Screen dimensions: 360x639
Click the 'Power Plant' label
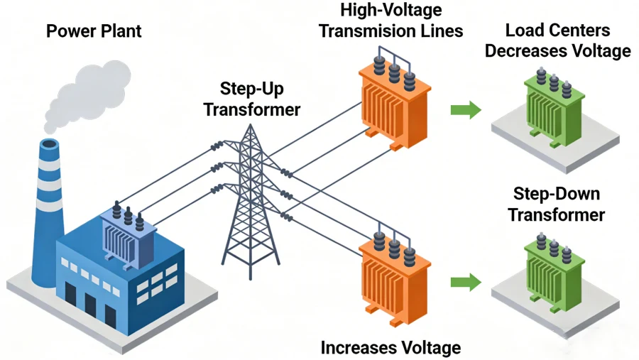94,31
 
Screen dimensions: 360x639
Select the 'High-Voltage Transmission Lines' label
390,21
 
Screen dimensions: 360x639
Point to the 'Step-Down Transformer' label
556,204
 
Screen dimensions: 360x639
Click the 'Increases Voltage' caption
390,347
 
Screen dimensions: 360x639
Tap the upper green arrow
465,109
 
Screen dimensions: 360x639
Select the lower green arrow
465,282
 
